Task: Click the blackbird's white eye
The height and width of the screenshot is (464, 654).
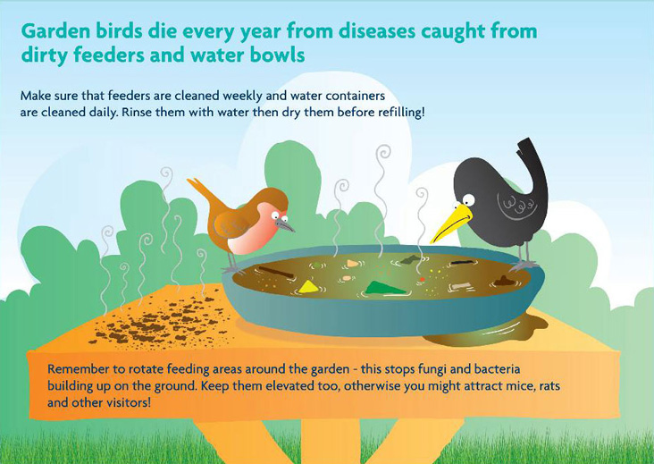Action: pyautogui.click(x=469, y=199)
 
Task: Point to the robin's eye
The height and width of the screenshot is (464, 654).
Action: pyautogui.click(x=277, y=215)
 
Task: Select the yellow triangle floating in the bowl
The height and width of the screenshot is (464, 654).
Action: pyautogui.click(x=308, y=286)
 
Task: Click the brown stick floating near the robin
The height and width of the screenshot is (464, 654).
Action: pyautogui.click(x=276, y=272)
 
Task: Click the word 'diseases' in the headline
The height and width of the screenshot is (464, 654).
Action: pyautogui.click(x=377, y=31)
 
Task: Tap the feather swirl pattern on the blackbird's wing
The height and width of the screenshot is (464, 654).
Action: pyautogui.click(x=519, y=205)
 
